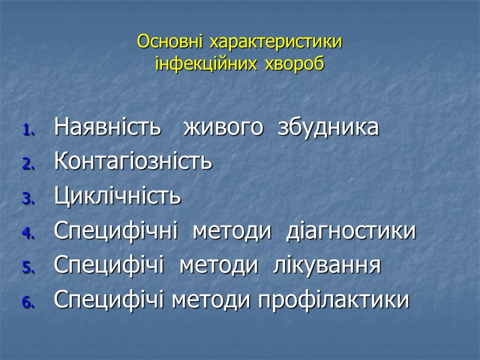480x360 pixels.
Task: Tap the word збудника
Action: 328,128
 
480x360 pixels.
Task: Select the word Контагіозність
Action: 133,162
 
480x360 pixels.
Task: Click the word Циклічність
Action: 118,197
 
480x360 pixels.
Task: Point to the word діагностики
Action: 351,231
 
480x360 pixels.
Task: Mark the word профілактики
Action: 333,300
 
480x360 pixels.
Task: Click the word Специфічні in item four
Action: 116,231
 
